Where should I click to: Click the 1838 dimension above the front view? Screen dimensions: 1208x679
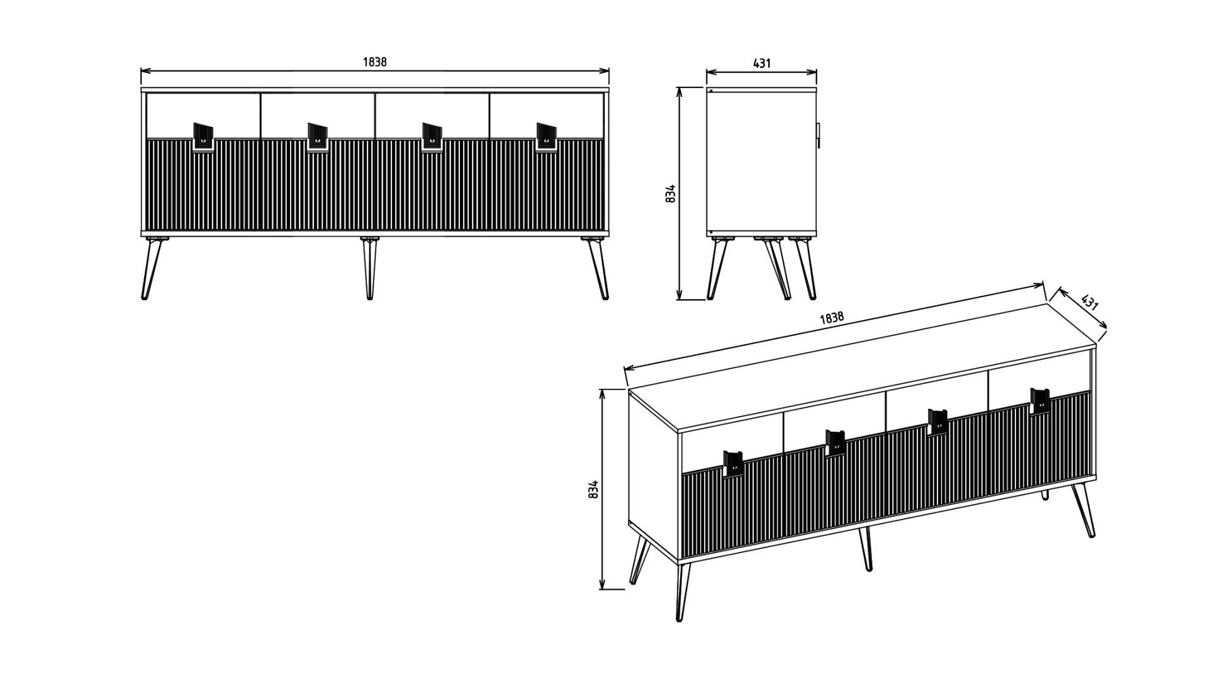click(374, 62)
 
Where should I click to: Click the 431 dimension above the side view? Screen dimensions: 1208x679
click(762, 63)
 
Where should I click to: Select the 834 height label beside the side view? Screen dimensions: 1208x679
click(671, 193)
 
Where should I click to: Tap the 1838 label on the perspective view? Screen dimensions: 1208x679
click(832, 318)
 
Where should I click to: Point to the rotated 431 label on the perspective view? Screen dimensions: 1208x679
click(1089, 302)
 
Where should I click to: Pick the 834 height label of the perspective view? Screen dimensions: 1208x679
click(592, 490)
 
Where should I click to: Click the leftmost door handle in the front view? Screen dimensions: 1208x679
click(203, 137)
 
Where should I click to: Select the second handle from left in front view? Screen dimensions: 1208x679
click(317, 137)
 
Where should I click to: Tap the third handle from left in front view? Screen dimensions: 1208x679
click(432, 137)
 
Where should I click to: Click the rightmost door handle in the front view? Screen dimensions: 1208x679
click(546, 137)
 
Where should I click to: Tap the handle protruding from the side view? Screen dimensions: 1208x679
click(819, 135)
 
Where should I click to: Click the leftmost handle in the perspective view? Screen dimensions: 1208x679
click(733, 464)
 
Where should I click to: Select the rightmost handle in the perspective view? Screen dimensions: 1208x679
click(1040, 401)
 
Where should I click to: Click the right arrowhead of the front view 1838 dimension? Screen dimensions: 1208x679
click(605, 71)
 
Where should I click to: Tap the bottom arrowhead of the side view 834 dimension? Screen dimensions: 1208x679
click(679, 295)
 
